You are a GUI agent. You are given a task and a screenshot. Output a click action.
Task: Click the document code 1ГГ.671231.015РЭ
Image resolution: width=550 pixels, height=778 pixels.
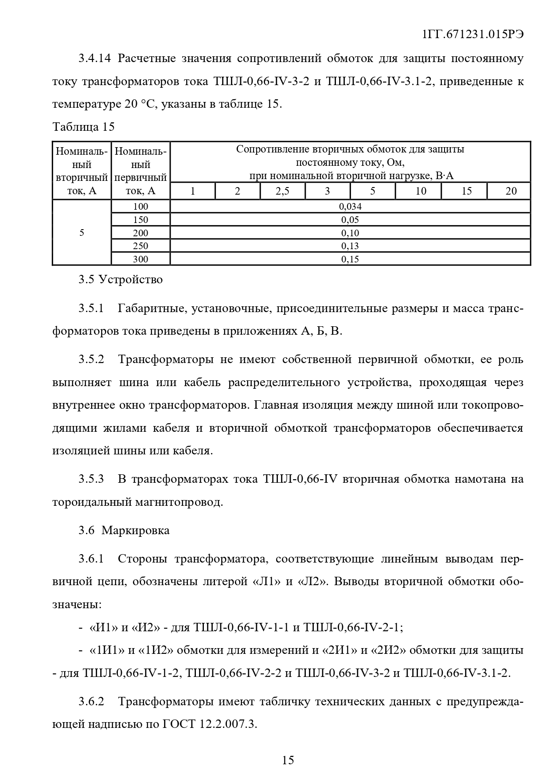(x=473, y=35)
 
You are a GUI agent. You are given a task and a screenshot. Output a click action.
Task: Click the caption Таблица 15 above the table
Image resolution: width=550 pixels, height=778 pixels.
(x=83, y=127)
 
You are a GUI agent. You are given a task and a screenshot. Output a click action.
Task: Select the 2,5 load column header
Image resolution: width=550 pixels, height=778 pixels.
(x=282, y=191)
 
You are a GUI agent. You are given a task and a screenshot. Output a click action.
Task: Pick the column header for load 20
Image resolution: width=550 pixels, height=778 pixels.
(x=511, y=191)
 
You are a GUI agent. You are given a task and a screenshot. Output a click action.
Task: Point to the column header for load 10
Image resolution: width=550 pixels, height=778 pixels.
(x=421, y=191)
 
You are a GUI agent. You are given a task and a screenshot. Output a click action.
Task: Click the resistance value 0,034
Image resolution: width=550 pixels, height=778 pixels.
(x=350, y=206)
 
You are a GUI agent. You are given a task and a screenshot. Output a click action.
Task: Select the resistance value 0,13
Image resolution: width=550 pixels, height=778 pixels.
(x=350, y=246)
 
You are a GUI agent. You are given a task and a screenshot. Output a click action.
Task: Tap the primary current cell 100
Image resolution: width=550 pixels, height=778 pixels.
(x=141, y=206)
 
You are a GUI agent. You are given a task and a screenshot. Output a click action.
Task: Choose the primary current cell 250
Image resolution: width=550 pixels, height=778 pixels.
(x=141, y=246)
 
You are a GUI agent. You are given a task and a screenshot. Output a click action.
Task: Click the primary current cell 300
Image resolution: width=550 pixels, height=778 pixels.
(x=141, y=259)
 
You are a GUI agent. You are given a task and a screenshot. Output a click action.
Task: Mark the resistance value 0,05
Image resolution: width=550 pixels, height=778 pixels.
(x=350, y=219)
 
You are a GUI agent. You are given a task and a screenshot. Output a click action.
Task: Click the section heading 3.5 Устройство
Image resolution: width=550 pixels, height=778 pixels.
(x=121, y=280)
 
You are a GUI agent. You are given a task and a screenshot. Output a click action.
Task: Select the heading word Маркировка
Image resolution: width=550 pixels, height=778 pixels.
(x=135, y=531)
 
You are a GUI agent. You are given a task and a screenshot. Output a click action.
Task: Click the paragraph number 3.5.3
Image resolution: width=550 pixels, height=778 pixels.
(x=91, y=479)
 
